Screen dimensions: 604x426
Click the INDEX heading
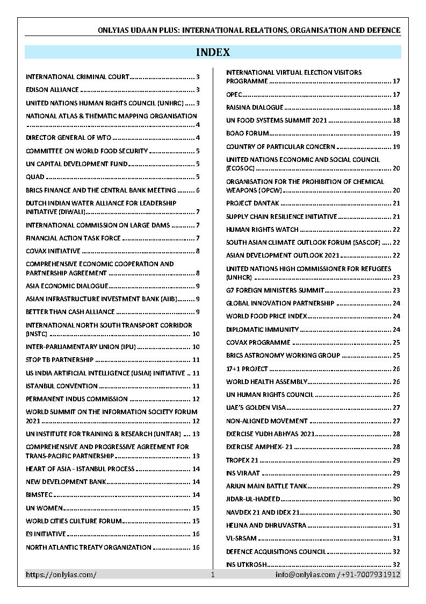[213, 52]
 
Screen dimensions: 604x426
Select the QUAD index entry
[35, 177]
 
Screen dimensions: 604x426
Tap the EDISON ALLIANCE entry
[52, 90]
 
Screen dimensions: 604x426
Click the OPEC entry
[234, 95]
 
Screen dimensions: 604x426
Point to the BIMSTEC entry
[39, 495]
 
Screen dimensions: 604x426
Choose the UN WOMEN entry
[45, 508]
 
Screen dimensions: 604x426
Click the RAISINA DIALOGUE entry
[255, 108]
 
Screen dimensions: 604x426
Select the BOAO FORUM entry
[247, 133]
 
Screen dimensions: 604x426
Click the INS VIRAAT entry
[243, 473]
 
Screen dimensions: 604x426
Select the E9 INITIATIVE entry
[46, 534]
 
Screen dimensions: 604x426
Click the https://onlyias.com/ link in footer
[61, 574]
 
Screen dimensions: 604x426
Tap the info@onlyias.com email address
[305, 574]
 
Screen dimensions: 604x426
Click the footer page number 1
[213, 574]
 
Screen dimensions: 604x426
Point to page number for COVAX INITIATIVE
[198, 251]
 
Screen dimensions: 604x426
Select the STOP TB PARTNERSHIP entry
[60, 360]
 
